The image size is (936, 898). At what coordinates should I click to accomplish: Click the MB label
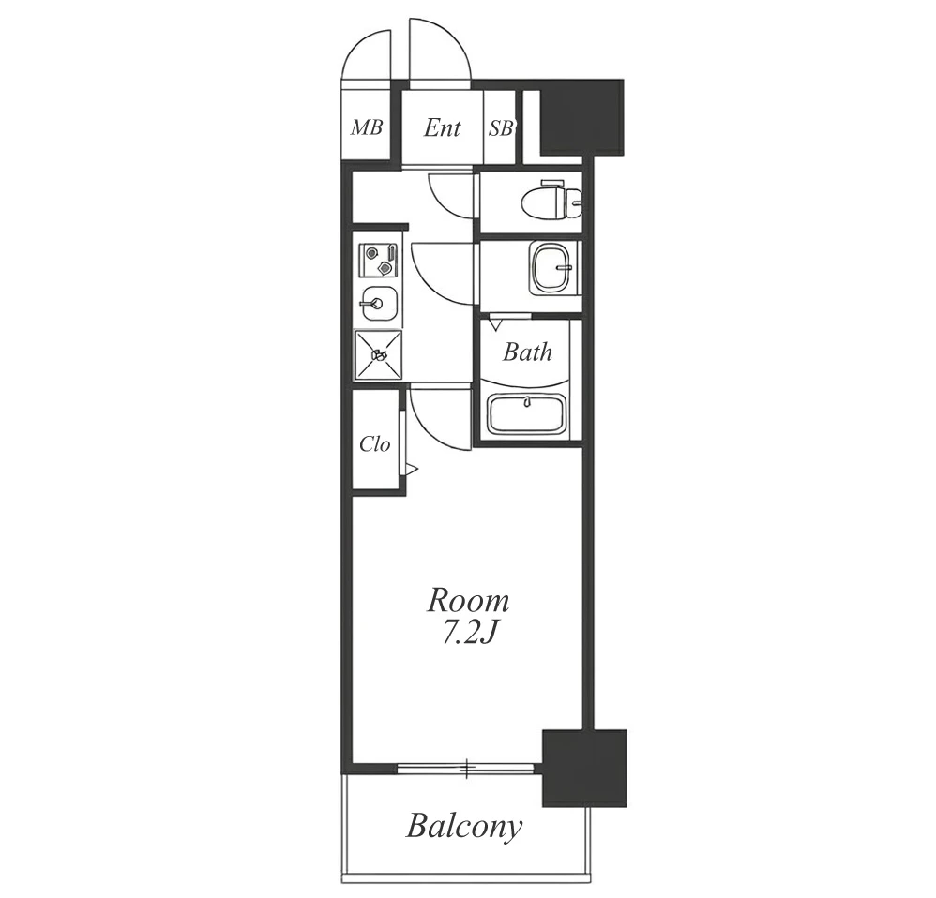pos(366,127)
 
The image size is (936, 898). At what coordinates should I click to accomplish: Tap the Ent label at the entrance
pos(442,127)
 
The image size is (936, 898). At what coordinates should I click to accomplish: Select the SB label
pos(501,127)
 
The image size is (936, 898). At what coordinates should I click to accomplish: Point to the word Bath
pos(527,352)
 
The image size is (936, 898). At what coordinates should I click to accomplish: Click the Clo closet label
pos(375,444)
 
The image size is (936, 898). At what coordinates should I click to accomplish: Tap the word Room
pos(468,601)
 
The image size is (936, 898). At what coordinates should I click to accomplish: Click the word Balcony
pos(464,827)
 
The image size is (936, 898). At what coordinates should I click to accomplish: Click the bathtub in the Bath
pos(526,414)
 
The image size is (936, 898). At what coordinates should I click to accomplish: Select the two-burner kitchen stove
pos(378,261)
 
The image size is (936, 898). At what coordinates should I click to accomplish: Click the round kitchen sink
pos(378,303)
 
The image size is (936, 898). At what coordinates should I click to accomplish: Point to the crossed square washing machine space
pos(379,355)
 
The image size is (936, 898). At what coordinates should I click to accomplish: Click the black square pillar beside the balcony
pos(584,768)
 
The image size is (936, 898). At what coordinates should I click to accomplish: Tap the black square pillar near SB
pos(582,115)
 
